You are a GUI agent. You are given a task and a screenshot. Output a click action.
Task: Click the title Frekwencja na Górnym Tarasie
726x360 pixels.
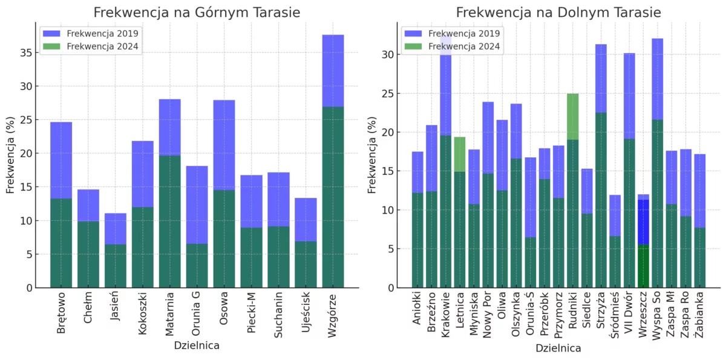click(197, 13)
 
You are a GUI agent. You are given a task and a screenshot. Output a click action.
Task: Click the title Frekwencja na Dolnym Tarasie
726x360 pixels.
click(558, 13)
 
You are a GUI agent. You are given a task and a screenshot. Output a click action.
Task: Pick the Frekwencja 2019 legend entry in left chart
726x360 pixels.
click(91, 34)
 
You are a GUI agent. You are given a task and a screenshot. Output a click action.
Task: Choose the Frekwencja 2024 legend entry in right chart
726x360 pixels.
click(454, 46)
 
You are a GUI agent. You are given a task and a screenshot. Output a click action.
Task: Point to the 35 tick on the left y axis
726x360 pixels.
click(25, 53)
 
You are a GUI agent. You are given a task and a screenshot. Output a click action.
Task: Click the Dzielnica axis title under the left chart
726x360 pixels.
click(197, 346)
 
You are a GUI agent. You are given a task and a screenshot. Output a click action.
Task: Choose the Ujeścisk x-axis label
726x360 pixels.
click(306, 314)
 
